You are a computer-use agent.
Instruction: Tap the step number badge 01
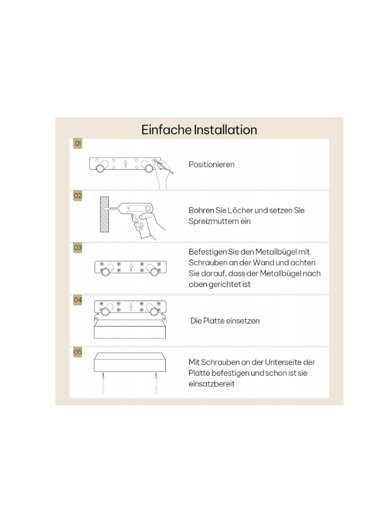tap(78, 144)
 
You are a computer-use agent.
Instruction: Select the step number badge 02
tap(78, 195)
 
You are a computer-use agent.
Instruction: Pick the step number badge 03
tap(78, 248)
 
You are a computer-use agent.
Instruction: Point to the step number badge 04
tap(78, 300)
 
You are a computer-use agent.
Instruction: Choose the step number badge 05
tap(78, 352)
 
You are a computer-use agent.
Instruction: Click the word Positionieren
tap(212, 165)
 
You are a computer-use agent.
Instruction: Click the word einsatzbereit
tap(212, 384)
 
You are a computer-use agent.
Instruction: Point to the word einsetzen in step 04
tap(245, 321)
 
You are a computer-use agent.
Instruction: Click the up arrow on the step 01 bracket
tap(125, 164)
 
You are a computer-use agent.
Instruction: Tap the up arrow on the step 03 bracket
tap(131, 267)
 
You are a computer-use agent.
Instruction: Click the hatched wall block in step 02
tap(104, 214)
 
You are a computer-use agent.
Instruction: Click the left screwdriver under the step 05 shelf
tap(103, 383)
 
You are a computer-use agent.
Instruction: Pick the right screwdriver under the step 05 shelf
tap(156, 383)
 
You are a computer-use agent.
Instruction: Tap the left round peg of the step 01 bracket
tap(101, 167)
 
